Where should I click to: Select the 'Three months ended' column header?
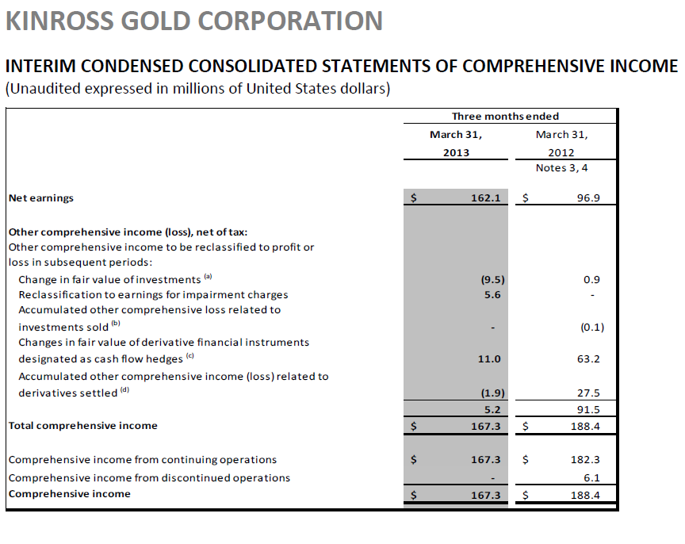(505, 117)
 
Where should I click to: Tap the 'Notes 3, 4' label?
(562, 168)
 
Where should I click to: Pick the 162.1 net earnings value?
(485, 198)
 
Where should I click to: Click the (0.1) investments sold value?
(587, 328)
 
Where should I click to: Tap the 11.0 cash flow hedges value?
(490, 359)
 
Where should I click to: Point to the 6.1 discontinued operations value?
(591, 478)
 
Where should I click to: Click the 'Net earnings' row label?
(40, 198)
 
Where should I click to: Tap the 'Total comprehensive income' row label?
(82, 426)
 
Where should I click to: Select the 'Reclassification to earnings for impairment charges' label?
(153, 295)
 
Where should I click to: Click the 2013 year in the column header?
(456, 152)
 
